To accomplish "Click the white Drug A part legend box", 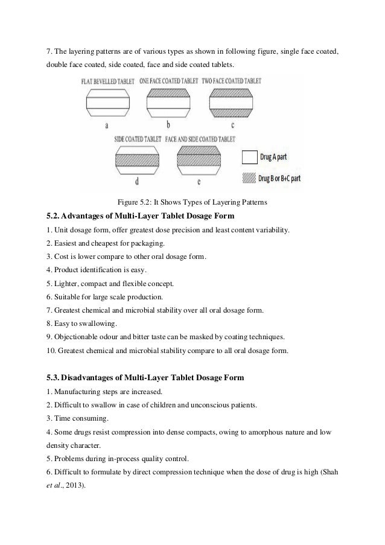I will [249, 158].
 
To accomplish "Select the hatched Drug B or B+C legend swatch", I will [249, 178].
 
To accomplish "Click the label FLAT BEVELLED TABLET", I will [107, 80].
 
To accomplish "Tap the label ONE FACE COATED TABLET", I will [168, 80].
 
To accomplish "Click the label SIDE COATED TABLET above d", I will [138, 138].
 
